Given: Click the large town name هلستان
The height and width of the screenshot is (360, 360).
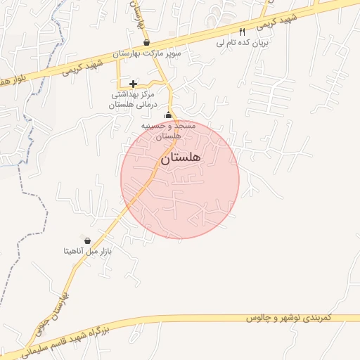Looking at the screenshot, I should tap(181, 158).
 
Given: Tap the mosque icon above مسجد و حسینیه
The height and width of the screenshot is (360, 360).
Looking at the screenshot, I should tap(167, 115).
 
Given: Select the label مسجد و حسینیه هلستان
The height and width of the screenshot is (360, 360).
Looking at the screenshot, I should tap(167, 129).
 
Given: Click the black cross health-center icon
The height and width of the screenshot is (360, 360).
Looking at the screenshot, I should tap(133, 84).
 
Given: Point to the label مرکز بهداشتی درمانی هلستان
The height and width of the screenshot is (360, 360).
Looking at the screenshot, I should tap(131, 99).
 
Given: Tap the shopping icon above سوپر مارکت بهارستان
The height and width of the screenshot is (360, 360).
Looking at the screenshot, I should tap(146, 43).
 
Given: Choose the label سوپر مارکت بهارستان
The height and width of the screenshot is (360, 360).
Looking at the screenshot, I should tap(148, 53).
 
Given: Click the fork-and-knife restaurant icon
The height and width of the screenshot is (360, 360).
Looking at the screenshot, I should tap(243, 32).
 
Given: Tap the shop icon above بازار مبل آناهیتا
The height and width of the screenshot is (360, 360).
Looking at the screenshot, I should tap(86, 240).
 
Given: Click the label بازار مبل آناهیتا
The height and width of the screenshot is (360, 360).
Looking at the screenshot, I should tap(89, 250).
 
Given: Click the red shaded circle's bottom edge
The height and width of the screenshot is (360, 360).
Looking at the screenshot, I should tap(180, 238).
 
